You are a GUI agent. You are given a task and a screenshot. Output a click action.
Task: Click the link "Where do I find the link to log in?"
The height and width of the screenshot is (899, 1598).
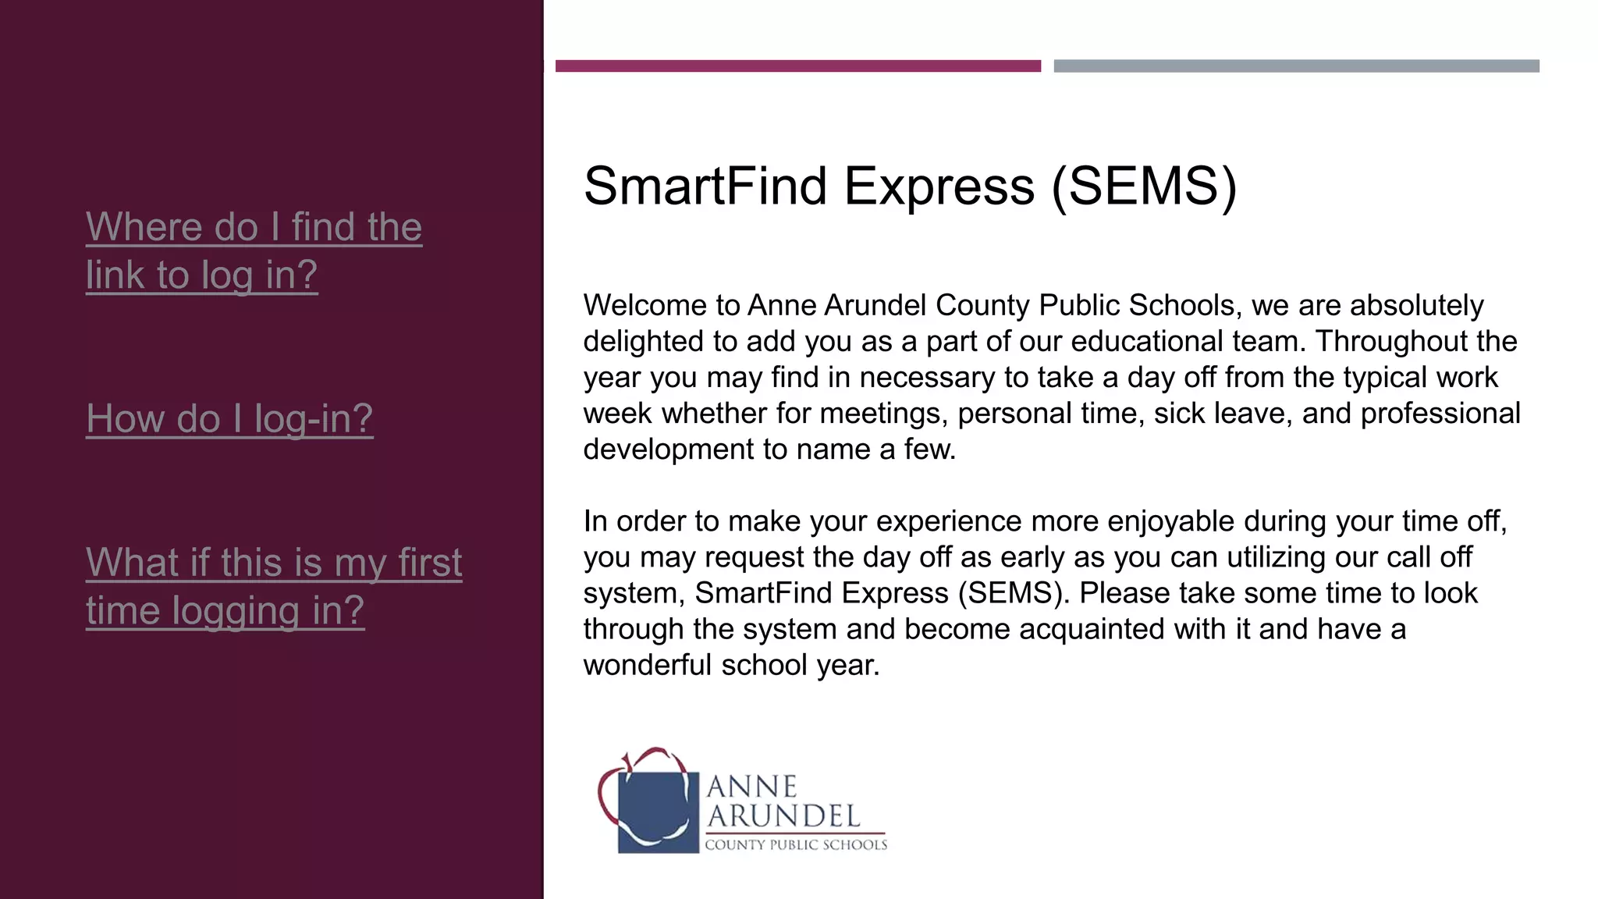[254, 251]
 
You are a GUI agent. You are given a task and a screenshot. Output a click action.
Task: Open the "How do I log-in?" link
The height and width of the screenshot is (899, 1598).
[229, 418]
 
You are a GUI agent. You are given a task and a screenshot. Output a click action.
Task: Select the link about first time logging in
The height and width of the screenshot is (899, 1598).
[273, 586]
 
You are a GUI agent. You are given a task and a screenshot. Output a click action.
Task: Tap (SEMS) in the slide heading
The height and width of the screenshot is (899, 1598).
[1144, 187]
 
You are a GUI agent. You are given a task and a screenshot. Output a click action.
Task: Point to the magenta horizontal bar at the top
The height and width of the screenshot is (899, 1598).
[797, 66]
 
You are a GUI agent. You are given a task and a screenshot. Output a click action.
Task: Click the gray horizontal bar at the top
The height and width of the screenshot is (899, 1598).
[1296, 66]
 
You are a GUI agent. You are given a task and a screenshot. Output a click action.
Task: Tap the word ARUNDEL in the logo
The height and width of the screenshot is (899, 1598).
[783, 816]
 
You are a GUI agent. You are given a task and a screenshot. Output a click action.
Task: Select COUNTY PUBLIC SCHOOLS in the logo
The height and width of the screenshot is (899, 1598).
[796, 844]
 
